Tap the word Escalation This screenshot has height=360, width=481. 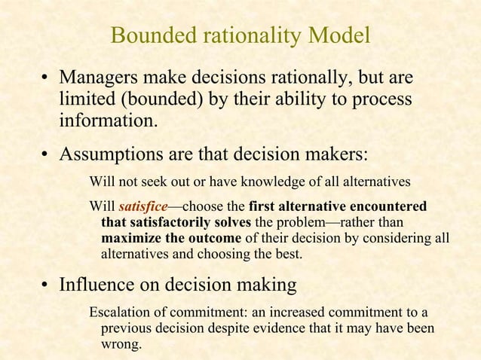tap(121, 313)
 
